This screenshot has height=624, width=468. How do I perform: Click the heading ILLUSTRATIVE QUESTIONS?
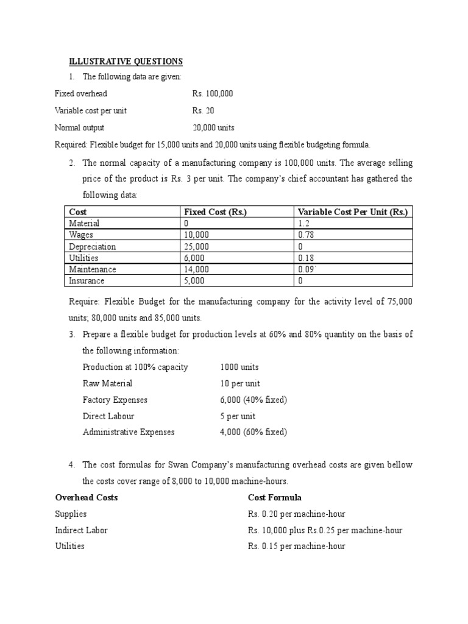point(125,62)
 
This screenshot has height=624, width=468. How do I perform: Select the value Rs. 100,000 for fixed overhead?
point(213,94)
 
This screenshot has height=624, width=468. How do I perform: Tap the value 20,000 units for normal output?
point(213,127)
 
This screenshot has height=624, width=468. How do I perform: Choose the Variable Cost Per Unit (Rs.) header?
point(353,211)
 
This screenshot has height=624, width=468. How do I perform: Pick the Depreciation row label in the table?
point(92,247)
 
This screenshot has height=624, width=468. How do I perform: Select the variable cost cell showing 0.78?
point(306,235)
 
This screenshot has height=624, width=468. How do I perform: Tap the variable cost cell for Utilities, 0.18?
point(306,258)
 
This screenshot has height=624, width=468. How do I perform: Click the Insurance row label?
point(87,281)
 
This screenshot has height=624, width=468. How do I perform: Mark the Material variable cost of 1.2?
point(303,223)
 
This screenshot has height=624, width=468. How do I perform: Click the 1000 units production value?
point(239,367)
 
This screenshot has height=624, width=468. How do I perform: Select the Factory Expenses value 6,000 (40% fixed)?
point(253,400)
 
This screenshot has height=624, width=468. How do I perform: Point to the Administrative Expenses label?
point(129,432)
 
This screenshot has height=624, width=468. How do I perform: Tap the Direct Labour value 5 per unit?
point(238,416)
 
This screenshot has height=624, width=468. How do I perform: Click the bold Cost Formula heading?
point(274,498)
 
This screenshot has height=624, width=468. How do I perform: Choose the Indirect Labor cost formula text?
point(325,530)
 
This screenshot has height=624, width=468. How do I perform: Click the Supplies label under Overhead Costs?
point(71,514)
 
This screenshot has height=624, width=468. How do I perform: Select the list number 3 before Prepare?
point(71,335)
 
